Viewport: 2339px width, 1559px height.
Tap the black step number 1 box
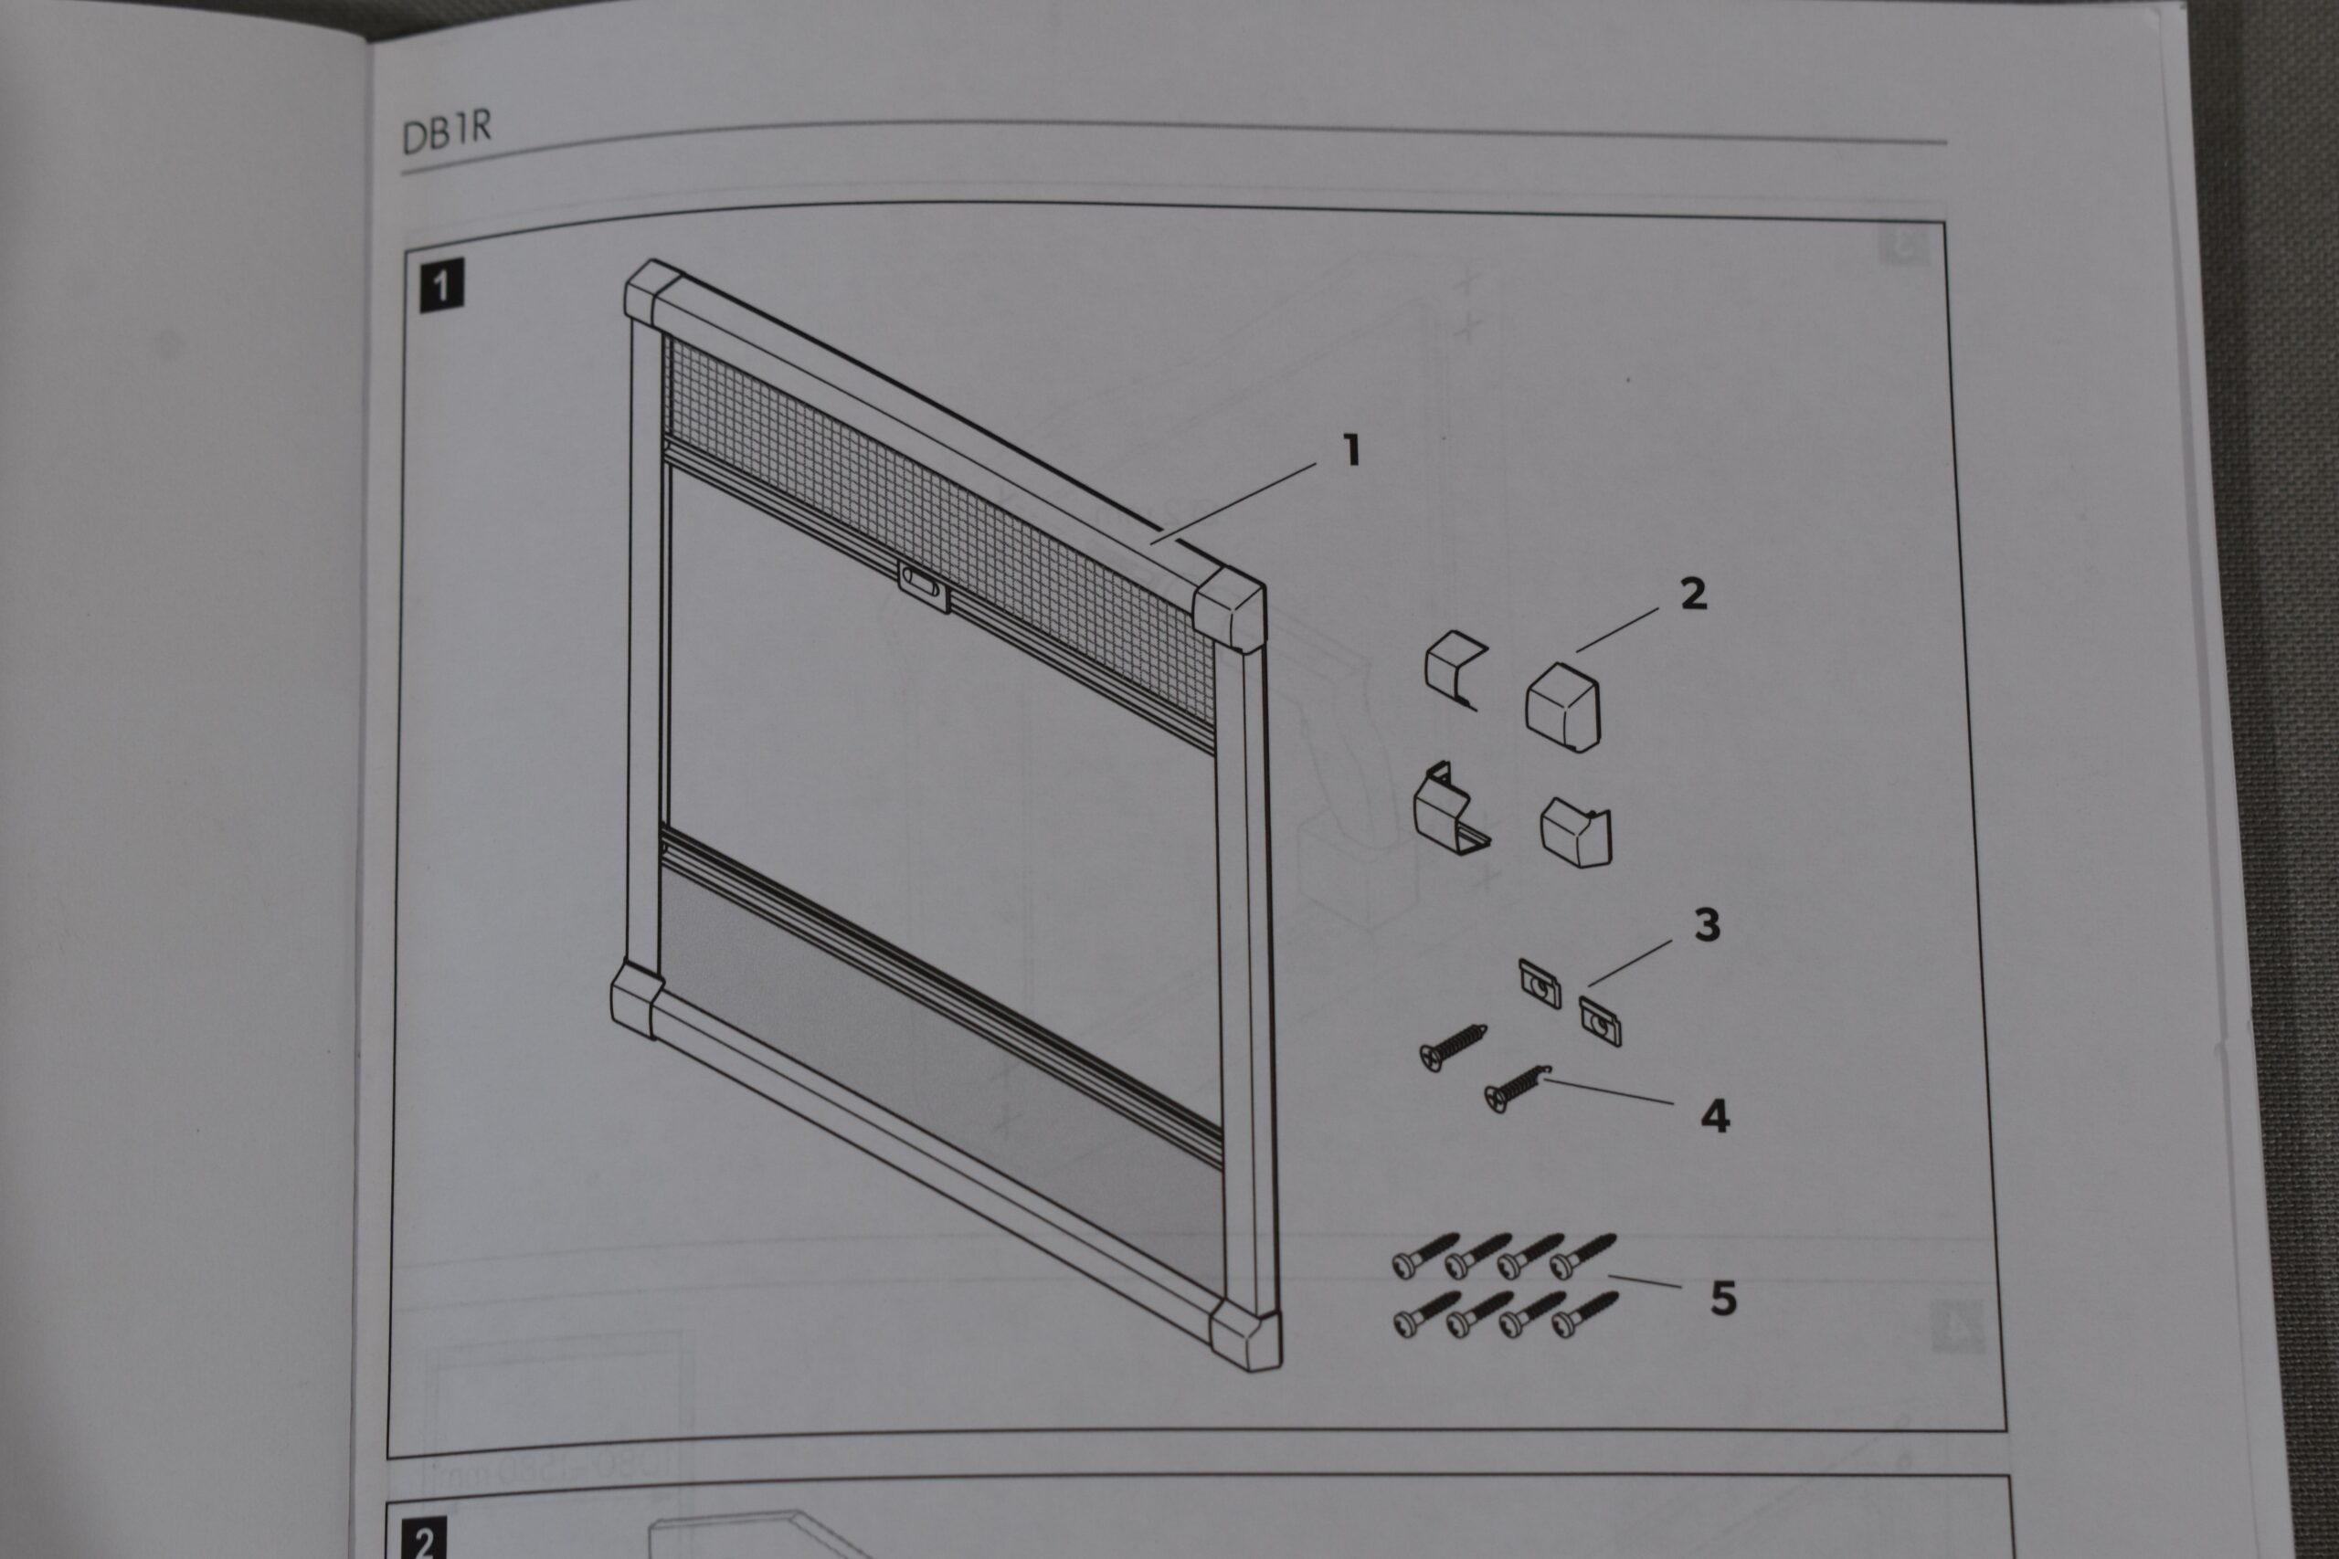tap(441, 287)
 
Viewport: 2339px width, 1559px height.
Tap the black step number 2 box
tap(425, 1539)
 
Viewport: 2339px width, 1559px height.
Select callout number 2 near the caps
tap(1693, 594)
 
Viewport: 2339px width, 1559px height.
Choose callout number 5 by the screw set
tap(1723, 1299)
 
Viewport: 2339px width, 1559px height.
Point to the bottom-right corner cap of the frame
tap(1245, 1334)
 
